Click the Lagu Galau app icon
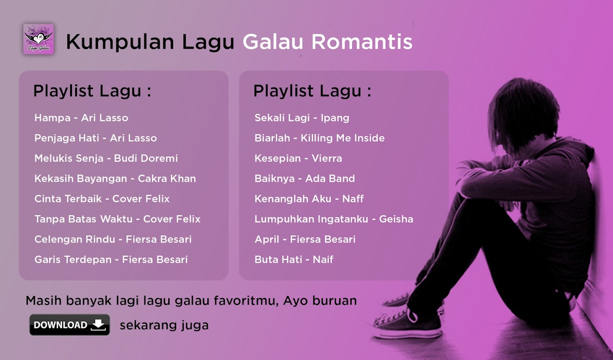click(39, 39)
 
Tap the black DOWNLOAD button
click(70, 325)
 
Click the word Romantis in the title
click(362, 42)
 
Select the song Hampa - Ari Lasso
click(81, 118)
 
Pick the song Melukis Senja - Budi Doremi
click(106, 158)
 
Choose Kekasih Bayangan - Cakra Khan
click(115, 179)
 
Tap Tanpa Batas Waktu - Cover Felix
click(117, 219)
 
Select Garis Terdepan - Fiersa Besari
click(111, 260)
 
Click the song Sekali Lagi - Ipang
click(302, 118)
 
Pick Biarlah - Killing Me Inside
click(320, 138)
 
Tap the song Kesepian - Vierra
click(298, 158)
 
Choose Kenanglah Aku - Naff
click(309, 199)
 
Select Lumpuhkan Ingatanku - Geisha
click(334, 219)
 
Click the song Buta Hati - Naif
click(294, 260)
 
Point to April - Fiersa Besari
click(305, 239)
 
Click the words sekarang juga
click(164, 325)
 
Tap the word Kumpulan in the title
click(120, 42)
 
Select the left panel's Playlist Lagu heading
click(92, 91)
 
